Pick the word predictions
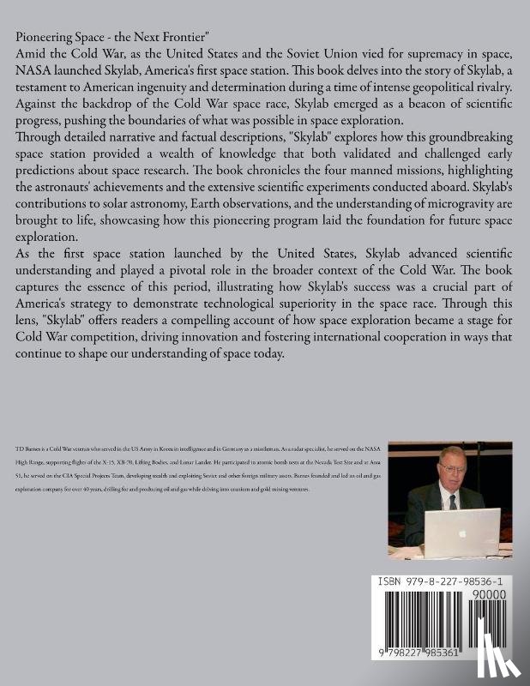coord(50,203)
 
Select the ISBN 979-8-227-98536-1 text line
coord(447,580)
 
